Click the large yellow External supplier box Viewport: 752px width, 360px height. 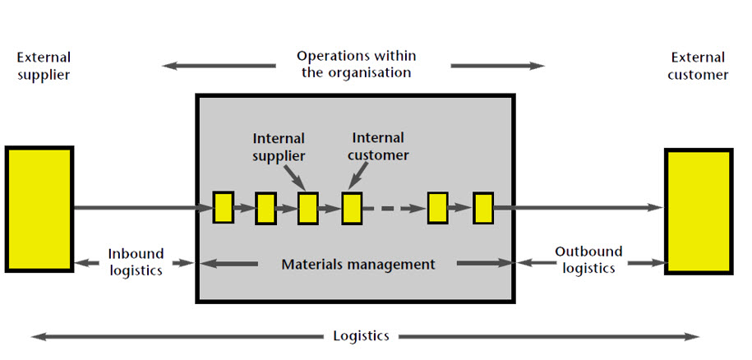point(39,209)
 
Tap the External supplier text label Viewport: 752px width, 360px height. point(43,66)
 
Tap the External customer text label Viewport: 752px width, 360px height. point(699,66)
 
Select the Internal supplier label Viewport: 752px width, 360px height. point(279,146)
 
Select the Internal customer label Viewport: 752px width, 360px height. point(378,146)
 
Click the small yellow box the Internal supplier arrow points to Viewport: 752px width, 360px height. point(308,208)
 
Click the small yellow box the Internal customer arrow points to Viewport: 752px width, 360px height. point(352,208)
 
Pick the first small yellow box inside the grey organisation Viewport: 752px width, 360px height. point(224,207)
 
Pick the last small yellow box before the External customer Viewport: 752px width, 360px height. point(483,207)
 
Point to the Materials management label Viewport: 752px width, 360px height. point(358,265)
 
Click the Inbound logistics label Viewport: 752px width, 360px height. point(136,261)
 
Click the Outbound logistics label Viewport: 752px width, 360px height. point(588,260)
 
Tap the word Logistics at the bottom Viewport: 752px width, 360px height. point(361,335)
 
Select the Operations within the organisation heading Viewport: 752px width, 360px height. point(356,64)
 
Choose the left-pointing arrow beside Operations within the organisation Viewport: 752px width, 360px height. point(219,66)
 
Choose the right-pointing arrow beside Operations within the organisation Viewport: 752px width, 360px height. point(497,66)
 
